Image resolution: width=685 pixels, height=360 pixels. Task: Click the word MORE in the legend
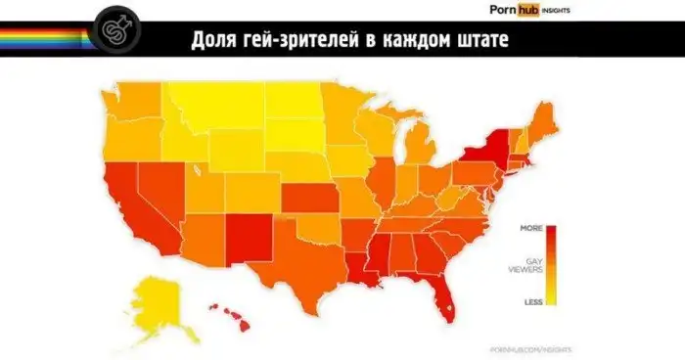point(531,228)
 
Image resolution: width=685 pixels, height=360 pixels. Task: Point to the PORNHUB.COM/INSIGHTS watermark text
point(529,347)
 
